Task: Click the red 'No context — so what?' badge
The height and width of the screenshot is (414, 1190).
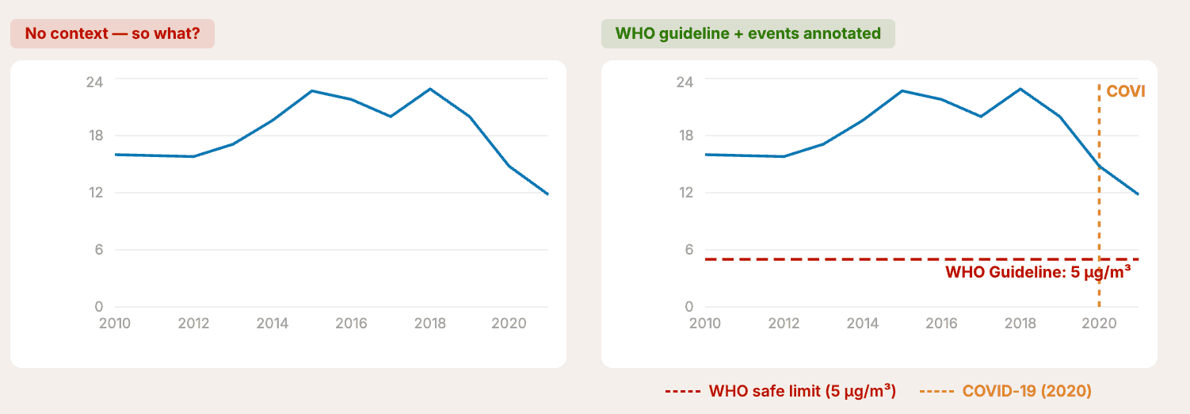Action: pyautogui.click(x=112, y=34)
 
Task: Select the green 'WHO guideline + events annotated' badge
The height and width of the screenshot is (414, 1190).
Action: pyautogui.click(x=747, y=34)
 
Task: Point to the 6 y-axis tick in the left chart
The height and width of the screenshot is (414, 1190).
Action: pyautogui.click(x=99, y=250)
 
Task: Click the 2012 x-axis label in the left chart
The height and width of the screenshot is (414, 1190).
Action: pyautogui.click(x=193, y=324)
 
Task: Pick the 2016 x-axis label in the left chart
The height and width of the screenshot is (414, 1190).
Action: pyautogui.click(x=350, y=324)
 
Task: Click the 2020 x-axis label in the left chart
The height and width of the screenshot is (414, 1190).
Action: pyautogui.click(x=508, y=324)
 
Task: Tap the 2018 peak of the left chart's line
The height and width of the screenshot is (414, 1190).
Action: pyautogui.click(x=429, y=89)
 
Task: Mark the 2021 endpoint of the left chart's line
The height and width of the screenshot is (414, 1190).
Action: pyautogui.click(x=547, y=194)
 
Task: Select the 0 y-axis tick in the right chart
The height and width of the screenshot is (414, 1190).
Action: pyautogui.click(x=688, y=307)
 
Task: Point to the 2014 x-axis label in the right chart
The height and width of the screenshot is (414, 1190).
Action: pyautogui.click(x=863, y=324)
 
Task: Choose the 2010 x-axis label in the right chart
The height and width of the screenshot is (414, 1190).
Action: pyautogui.click(x=705, y=324)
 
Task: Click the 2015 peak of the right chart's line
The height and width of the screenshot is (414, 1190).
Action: pyautogui.click(x=902, y=90)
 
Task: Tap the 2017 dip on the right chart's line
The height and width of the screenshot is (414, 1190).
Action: pyautogui.click(x=981, y=117)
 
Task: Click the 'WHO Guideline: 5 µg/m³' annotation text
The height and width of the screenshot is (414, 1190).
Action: pyautogui.click(x=1038, y=273)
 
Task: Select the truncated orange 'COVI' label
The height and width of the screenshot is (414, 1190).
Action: pyautogui.click(x=1126, y=92)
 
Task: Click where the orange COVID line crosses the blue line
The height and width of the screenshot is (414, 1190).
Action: pyautogui.click(x=1099, y=167)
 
